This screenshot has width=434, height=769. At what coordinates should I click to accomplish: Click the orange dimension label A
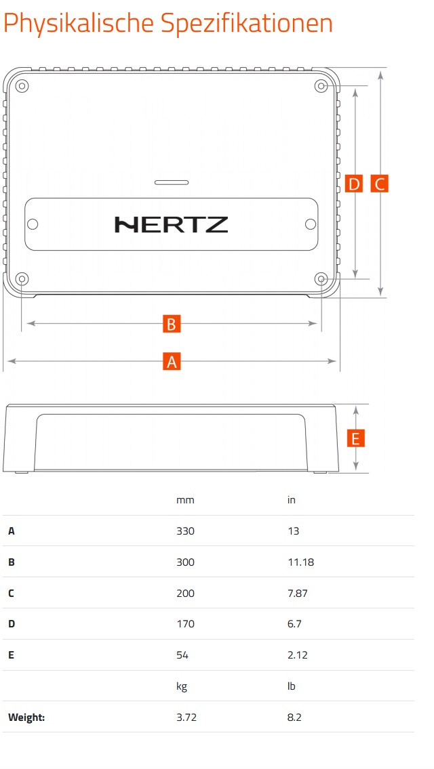[x=172, y=361]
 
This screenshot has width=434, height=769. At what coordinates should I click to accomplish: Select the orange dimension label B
[x=172, y=324]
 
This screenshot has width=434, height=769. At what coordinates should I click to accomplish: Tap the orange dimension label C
[x=380, y=184]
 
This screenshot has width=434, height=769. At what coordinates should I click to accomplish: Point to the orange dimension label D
[x=353, y=184]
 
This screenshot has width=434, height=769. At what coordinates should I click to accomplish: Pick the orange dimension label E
[x=356, y=438]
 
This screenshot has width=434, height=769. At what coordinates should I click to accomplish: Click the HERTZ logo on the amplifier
[x=172, y=225]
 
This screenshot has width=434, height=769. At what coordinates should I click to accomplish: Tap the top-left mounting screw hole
[x=22, y=86]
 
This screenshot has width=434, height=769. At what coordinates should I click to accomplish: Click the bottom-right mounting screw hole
[x=321, y=279]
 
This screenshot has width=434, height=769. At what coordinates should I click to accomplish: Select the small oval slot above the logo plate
[x=172, y=182]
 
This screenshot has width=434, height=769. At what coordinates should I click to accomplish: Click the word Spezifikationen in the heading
[x=247, y=22]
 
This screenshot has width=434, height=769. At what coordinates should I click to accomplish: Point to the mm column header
[x=185, y=500]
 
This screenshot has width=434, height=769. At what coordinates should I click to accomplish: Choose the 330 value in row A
[x=185, y=531]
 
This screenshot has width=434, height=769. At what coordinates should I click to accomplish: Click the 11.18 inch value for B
[x=300, y=562]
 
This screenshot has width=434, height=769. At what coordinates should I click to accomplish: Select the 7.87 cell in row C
[x=298, y=593]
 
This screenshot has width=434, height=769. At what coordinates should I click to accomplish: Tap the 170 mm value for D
[x=185, y=624]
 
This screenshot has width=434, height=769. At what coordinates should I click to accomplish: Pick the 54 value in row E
[x=182, y=654]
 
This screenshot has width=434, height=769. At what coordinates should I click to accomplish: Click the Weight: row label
[x=26, y=718]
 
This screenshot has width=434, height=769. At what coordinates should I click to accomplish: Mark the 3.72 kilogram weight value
[x=186, y=717]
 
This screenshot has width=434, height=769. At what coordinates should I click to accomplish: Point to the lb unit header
[x=292, y=686]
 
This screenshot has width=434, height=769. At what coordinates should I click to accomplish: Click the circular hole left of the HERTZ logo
[x=33, y=224]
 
